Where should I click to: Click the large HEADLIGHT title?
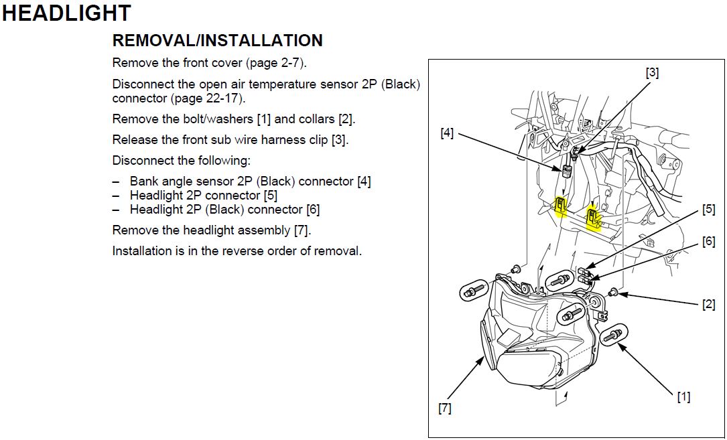[66, 13]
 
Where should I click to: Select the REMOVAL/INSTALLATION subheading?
[217, 41]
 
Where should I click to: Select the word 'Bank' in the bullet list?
[144, 181]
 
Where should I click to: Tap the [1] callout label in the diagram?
[683, 397]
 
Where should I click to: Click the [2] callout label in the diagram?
[708, 305]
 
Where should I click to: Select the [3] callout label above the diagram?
[652, 72]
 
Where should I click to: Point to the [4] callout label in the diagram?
[447, 133]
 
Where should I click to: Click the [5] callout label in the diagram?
[708, 210]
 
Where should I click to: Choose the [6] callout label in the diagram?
[708, 242]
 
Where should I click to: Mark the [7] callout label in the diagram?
[445, 408]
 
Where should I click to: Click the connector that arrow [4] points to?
[566, 169]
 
